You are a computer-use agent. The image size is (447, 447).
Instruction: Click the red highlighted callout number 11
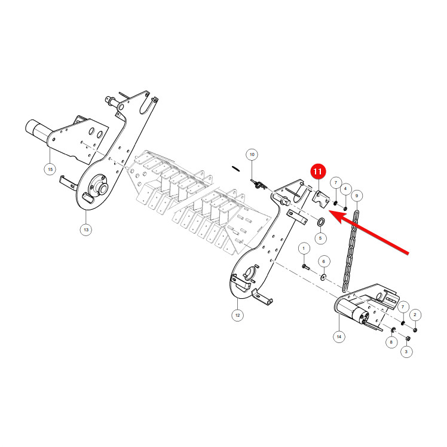tap(317, 172)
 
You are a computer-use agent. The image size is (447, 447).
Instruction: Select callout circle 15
tap(50, 169)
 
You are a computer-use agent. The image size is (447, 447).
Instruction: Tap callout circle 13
tap(86, 229)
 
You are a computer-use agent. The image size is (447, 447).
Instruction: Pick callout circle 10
tap(252, 155)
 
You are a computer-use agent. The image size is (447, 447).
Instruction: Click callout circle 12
tap(237, 315)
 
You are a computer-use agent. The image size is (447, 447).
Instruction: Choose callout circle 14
tap(339, 336)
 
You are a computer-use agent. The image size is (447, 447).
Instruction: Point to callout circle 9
tap(356, 196)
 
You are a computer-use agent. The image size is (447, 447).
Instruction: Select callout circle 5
tap(320, 238)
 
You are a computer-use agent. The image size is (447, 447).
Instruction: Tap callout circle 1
tap(304, 249)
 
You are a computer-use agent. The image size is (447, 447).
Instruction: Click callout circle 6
tap(323, 261)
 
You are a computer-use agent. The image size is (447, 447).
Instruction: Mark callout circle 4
tap(345, 189)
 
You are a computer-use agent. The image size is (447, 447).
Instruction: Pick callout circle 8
tap(391, 342)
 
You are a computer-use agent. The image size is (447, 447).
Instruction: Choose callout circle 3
tap(406, 351)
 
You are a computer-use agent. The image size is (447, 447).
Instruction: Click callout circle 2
tap(415, 315)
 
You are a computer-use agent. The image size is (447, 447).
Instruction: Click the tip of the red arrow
tap(329, 211)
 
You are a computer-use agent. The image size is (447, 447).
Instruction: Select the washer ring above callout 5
tap(321, 221)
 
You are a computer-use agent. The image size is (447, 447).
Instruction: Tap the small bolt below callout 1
tap(305, 267)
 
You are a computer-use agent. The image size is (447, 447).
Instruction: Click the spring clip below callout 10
tap(259, 185)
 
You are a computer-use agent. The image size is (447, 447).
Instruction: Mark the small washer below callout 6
tap(323, 277)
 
